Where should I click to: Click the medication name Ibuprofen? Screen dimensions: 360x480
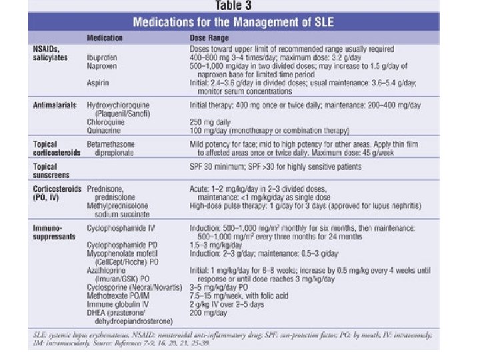point(101,58)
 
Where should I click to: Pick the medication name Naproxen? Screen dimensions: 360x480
point(101,67)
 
